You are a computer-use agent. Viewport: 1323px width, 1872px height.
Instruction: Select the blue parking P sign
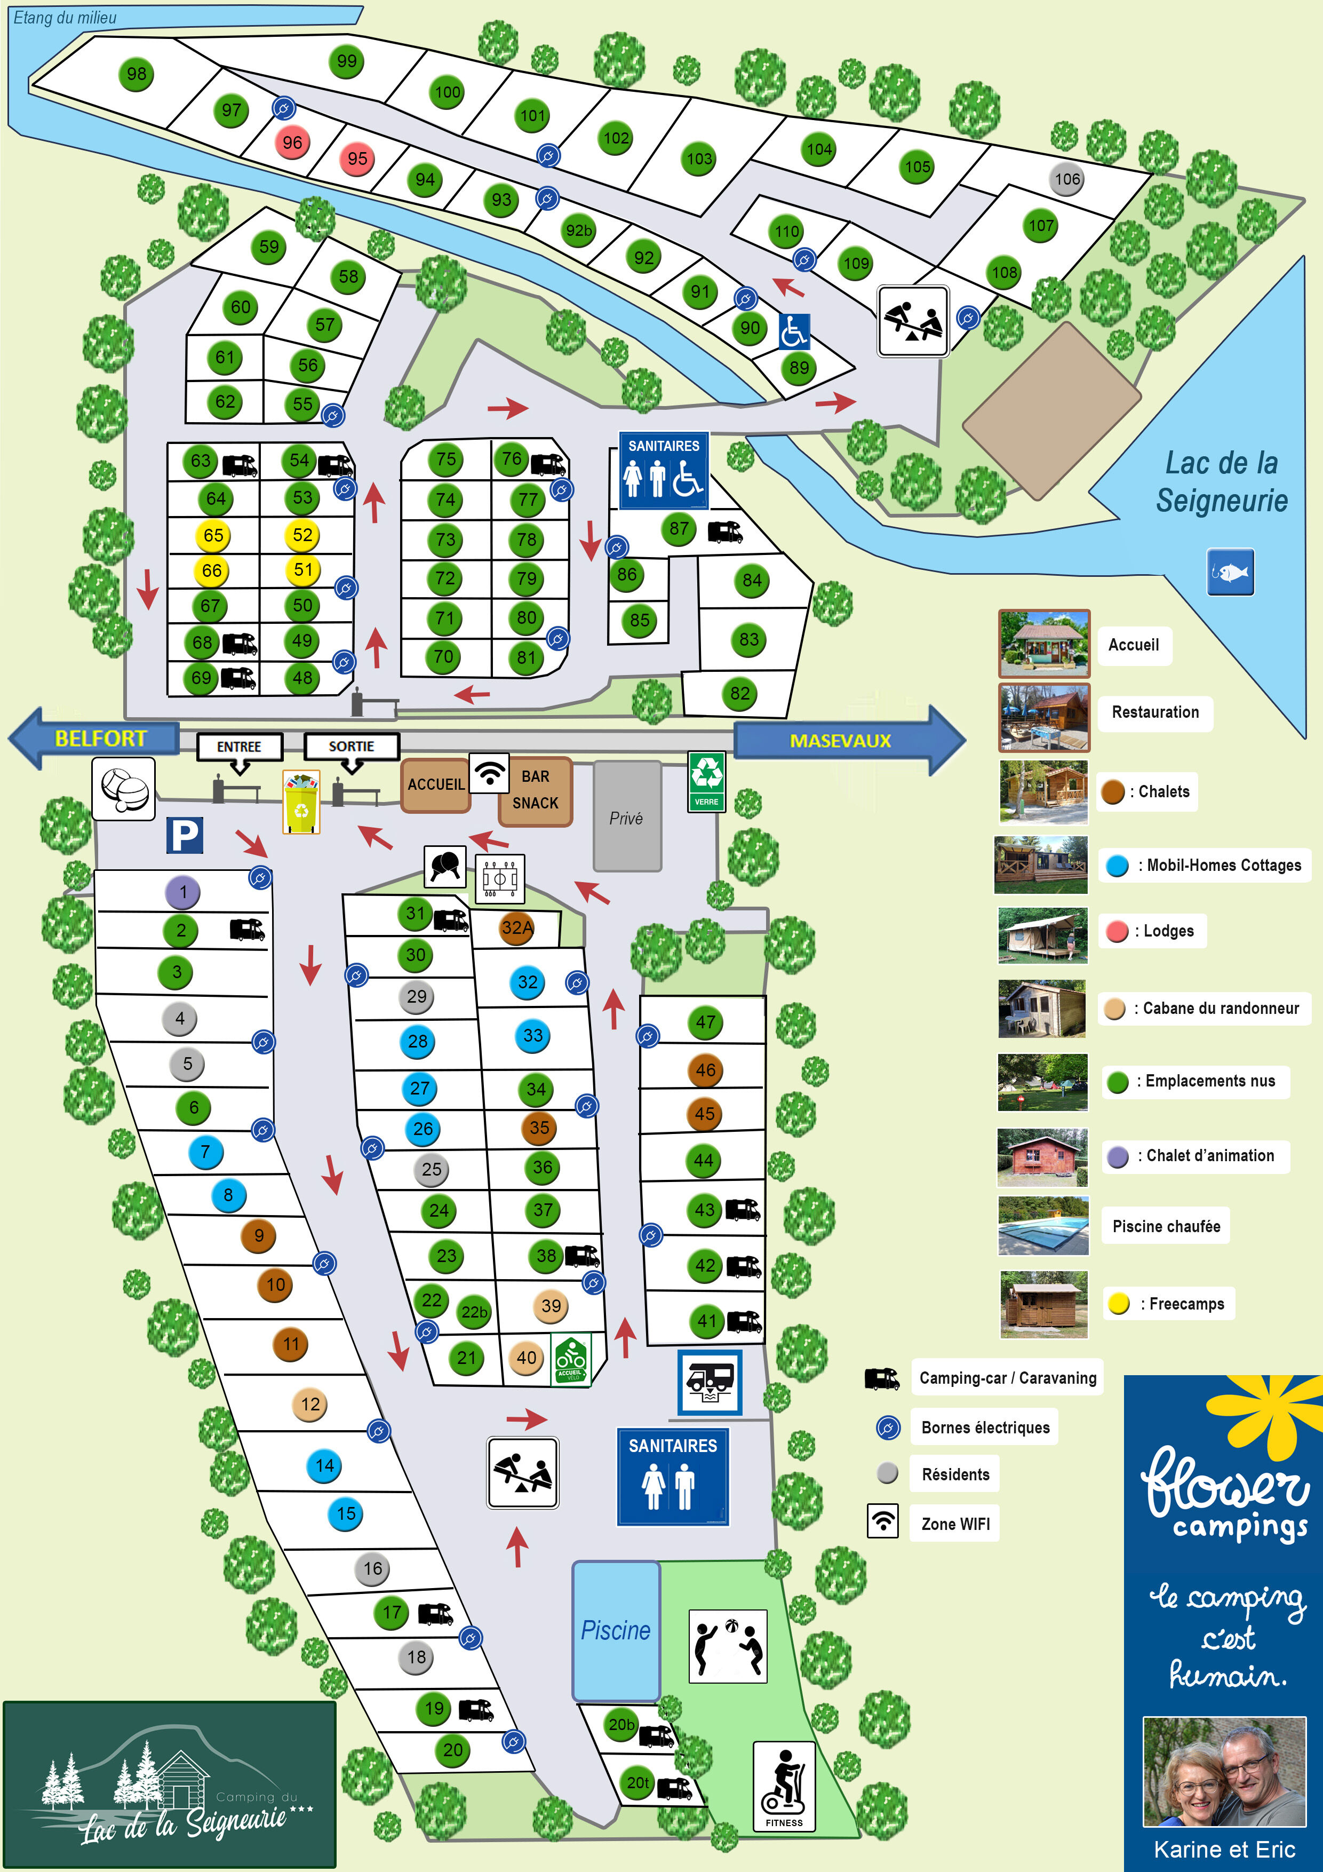tap(184, 835)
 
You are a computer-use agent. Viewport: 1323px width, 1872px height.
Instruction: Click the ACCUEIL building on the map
tap(435, 784)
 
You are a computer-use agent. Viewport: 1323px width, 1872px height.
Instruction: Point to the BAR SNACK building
tap(535, 791)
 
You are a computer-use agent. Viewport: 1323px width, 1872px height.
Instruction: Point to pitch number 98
tap(136, 74)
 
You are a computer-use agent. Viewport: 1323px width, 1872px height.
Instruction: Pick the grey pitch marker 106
tap(1066, 179)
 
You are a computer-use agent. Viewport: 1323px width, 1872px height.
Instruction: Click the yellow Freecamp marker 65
tap(213, 536)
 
